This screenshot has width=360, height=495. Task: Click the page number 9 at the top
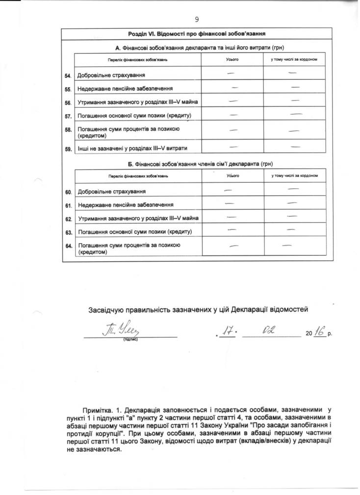(x=197, y=19)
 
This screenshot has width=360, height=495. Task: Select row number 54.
(x=68, y=75)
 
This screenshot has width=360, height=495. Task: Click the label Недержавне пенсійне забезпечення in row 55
(x=125, y=89)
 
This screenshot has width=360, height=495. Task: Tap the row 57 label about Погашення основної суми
(x=134, y=116)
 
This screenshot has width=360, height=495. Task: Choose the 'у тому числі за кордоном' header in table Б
(x=295, y=175)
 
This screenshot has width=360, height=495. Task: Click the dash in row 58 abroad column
(x=294, y=131)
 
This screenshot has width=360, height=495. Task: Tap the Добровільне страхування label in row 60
(x=112, y=191)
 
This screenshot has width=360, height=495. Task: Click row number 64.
(x=68, y=246)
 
